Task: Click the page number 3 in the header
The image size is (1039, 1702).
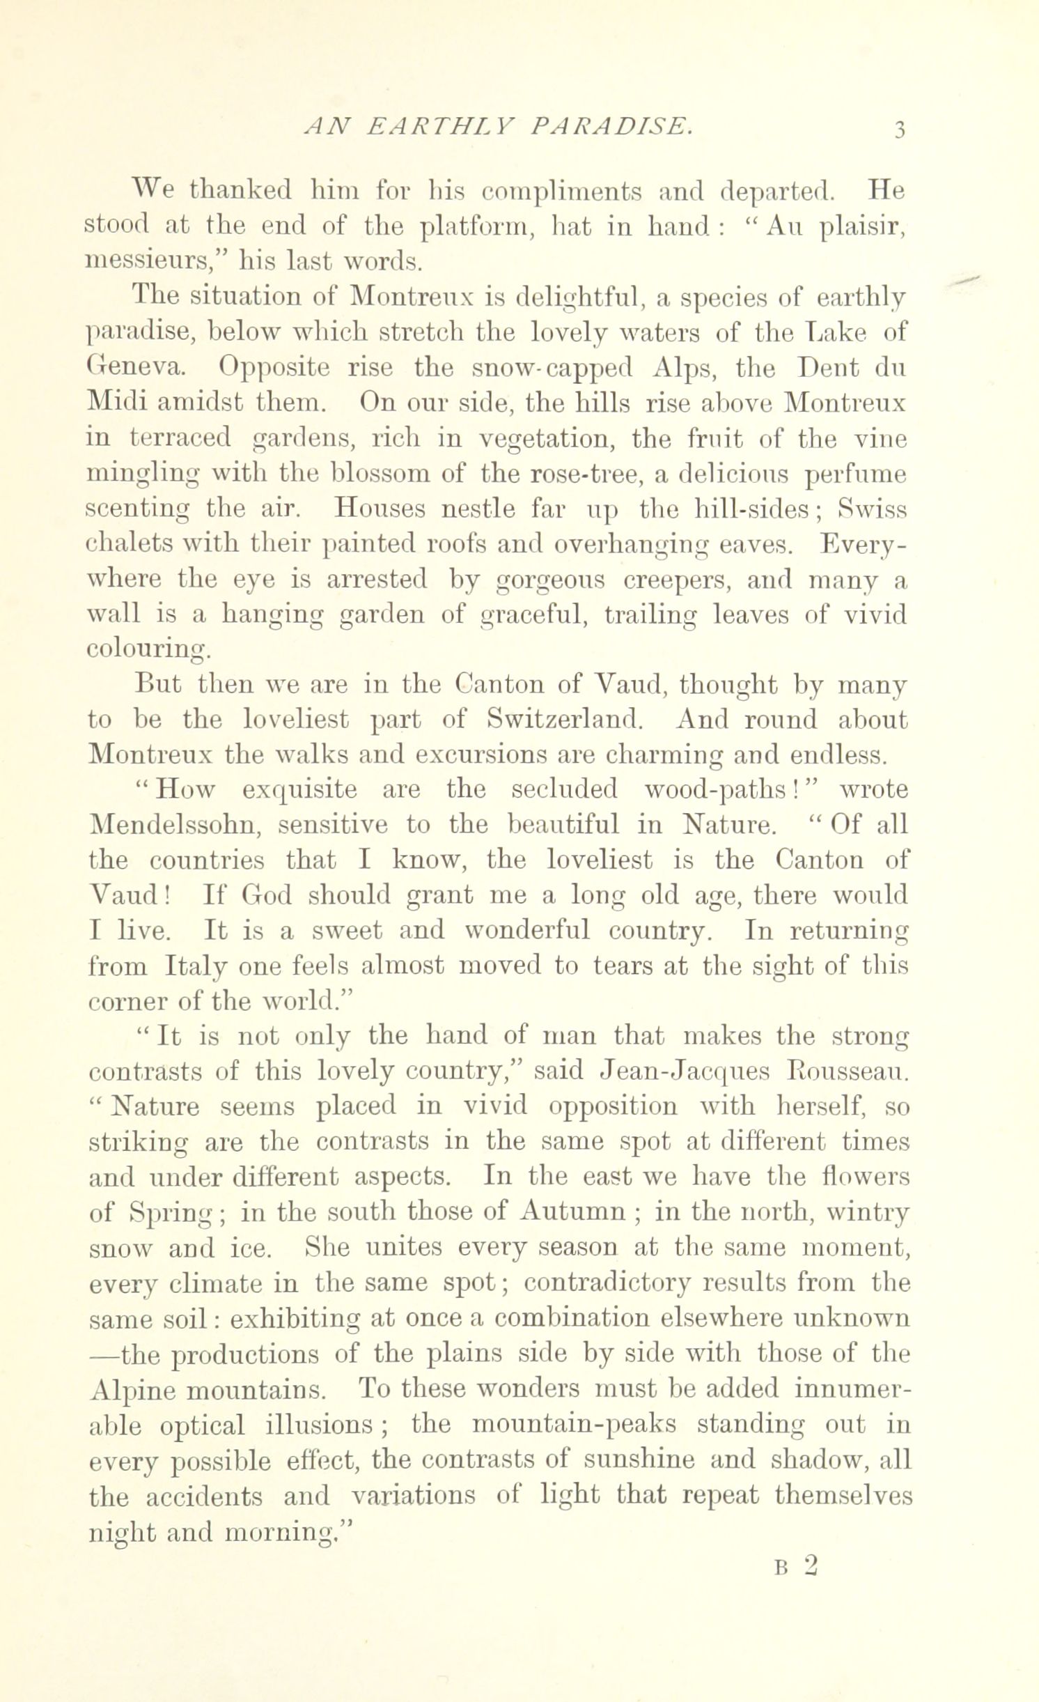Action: [x=899, y=129]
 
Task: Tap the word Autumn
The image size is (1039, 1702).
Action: [x=572, y=1212]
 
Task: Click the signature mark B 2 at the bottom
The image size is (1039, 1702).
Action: [x=795, y=1546]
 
